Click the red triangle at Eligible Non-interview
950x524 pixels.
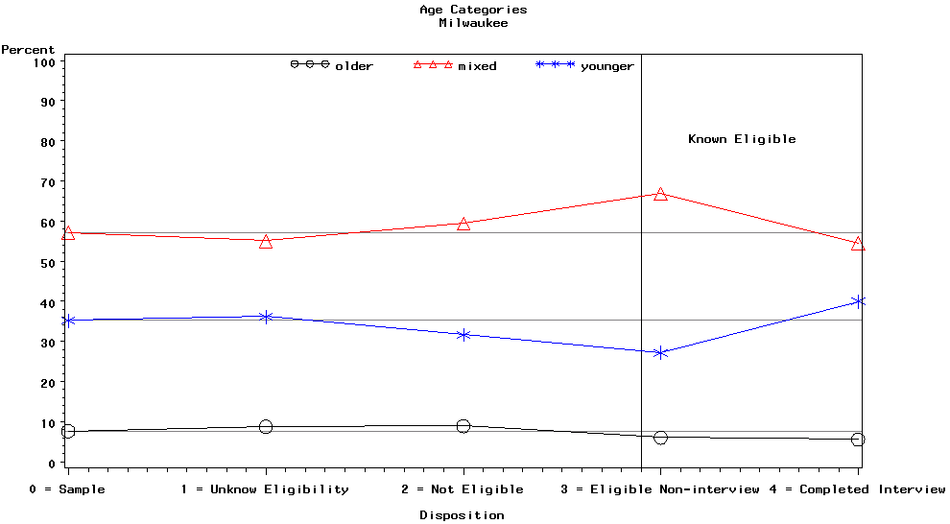tap(660, 194)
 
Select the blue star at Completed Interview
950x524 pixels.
tap(858, 301)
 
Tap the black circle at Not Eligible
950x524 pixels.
tap(463, 426)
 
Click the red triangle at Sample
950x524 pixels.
tap(68, 233)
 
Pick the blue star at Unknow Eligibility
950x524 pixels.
tap(266, 317)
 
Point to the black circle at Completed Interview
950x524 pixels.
tap(858, 440)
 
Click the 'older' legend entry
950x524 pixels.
tap(332, 66)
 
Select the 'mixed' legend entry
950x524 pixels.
tap(455, 66)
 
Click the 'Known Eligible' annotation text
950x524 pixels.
tap(742, 139)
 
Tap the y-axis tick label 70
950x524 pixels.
tap(46, 181)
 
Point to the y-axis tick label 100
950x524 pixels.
tap(42, 61)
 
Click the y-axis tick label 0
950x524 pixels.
tap(50, 463)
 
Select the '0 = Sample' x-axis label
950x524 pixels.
tap(67, 489)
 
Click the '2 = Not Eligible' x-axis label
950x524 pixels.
tap(463, 489)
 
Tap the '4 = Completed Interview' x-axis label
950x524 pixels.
tap(858, 489)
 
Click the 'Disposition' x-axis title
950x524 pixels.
tap(462, 515)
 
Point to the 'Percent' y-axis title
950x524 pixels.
tap(28, 50)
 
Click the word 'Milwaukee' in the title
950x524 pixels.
tap(473, 23)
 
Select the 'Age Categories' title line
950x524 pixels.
tap(473, 10)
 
